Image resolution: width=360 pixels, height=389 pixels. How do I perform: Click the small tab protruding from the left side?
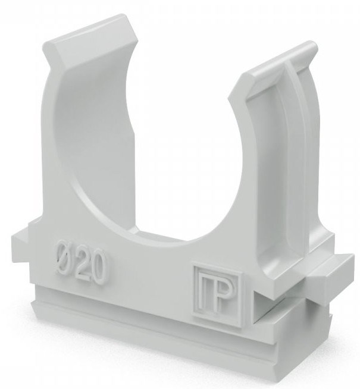tap(18, 241)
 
